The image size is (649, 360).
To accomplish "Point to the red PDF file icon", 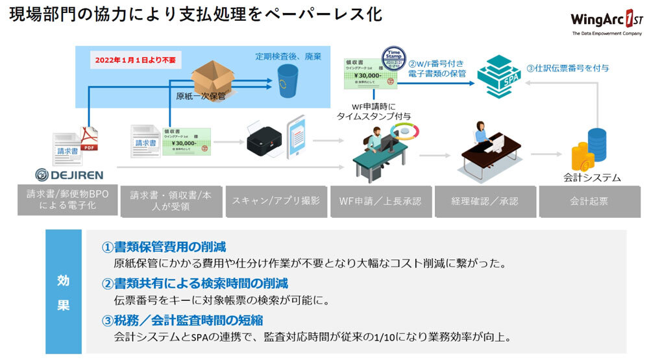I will point(88,140).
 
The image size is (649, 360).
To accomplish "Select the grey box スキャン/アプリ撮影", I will point(276,201).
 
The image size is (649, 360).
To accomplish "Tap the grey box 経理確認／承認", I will point(485,201).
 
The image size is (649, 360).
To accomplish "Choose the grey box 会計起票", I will point(589,201).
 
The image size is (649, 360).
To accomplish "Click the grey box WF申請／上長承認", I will point(380,201).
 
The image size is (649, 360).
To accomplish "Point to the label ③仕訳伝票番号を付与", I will point(567,67).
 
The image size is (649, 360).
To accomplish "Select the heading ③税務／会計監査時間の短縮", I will point(182,320).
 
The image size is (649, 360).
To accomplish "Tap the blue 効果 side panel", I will point(64,291).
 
